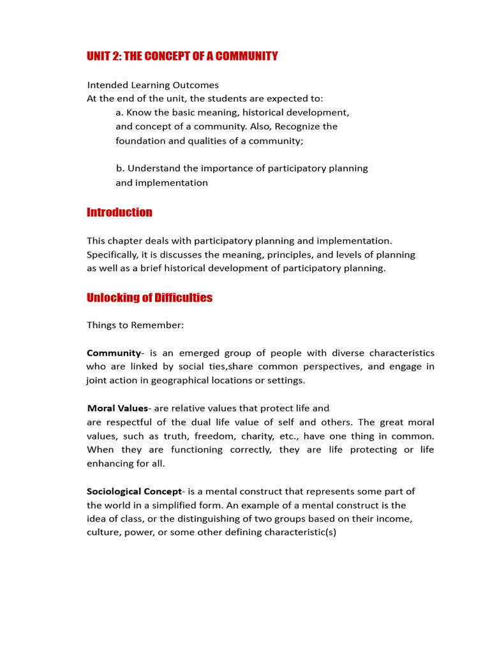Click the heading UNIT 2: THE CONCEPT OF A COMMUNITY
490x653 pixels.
182,56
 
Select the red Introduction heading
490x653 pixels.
119,212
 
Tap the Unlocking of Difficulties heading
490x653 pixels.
149,298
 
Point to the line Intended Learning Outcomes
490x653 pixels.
152,85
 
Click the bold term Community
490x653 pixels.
113,353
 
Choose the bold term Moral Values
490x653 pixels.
117,408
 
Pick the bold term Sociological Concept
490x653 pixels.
134,491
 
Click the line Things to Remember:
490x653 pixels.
135,325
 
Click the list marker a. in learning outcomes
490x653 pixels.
120,113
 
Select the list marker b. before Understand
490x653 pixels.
120,168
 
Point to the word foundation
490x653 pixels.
140,140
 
